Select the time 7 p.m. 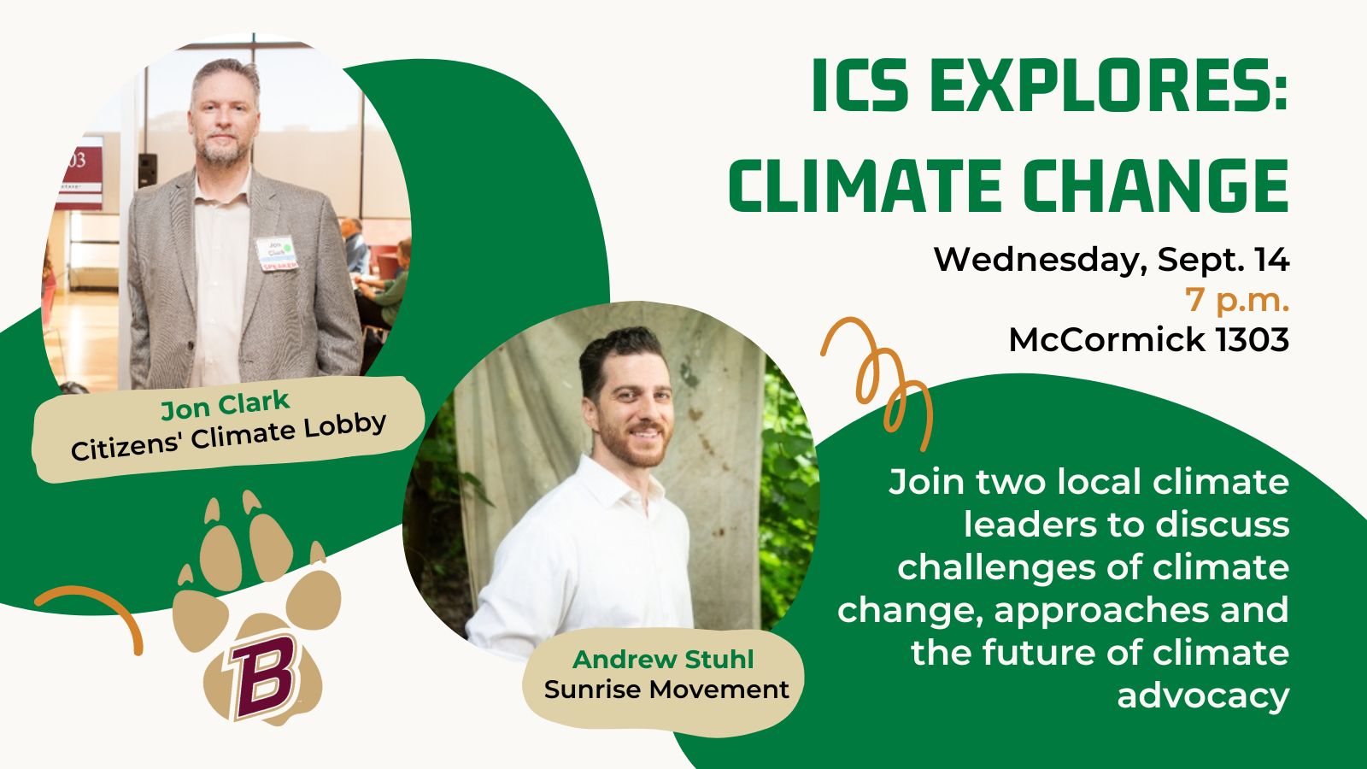pyautogui.click(x=1236, y=300)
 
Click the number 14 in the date pyautogui.click(x=1271, y=260)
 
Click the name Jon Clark pyautogui.click(x=226, y=404)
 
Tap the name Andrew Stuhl pyautogui.click(x=663, y=660)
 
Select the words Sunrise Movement pyautogui.click(x=666, y=690)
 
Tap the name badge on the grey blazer pyautogui.click(x=277, y=254)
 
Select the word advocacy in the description pyautogui.click(x=1202, y=696)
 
